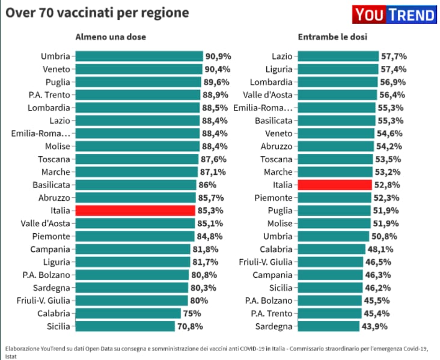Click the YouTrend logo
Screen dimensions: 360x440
394,15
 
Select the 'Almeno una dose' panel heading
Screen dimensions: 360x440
111,37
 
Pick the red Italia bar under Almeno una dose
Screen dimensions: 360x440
135,210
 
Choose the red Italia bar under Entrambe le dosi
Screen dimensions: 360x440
335,185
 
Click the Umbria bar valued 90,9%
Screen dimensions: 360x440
139,56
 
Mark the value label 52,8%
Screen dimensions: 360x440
389,185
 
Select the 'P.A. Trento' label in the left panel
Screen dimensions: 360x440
49,94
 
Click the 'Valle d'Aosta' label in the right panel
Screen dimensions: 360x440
267,94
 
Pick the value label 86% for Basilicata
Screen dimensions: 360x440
207,185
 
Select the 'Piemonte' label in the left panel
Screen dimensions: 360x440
51,236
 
